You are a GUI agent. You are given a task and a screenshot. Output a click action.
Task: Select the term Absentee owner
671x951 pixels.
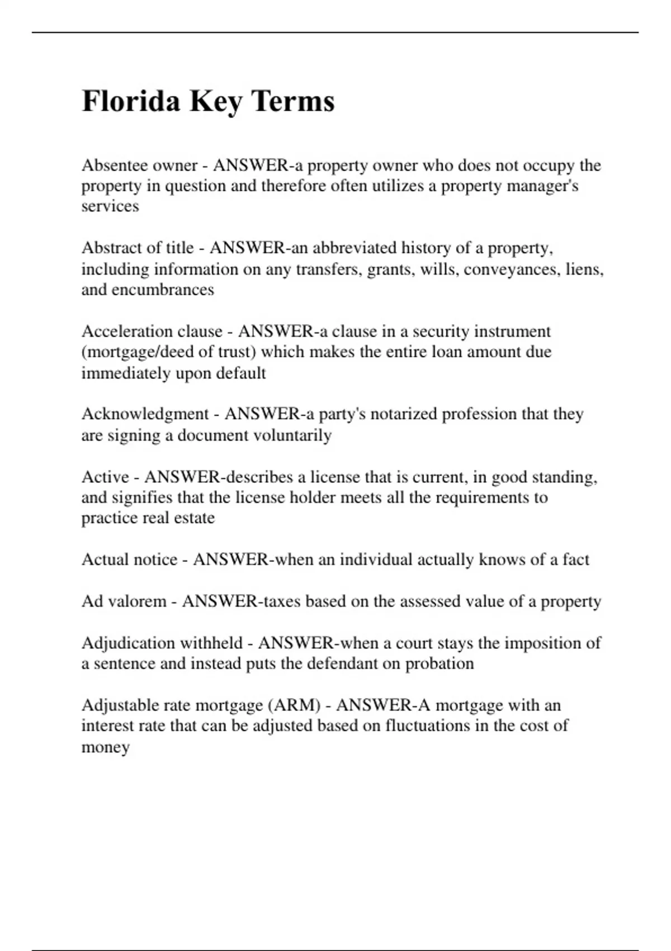tap(139, 166)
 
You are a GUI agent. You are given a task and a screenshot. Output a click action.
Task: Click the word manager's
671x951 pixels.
tap(542, 186)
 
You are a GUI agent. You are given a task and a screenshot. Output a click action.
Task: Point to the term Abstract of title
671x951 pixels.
tap(138, 248)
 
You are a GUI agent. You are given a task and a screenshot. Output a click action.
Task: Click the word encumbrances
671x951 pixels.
tap(163, 290)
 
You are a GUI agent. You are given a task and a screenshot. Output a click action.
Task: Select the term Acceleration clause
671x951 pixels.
tap(152, 331)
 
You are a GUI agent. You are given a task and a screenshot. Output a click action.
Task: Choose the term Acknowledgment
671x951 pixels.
tap(145, 414)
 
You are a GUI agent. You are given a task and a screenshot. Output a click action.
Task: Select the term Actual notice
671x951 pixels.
tap(129, 559)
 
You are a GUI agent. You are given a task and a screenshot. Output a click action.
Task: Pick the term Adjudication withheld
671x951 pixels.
tap(162, 643)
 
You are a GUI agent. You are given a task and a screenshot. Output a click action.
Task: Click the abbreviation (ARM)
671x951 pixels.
tap(295, 705)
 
